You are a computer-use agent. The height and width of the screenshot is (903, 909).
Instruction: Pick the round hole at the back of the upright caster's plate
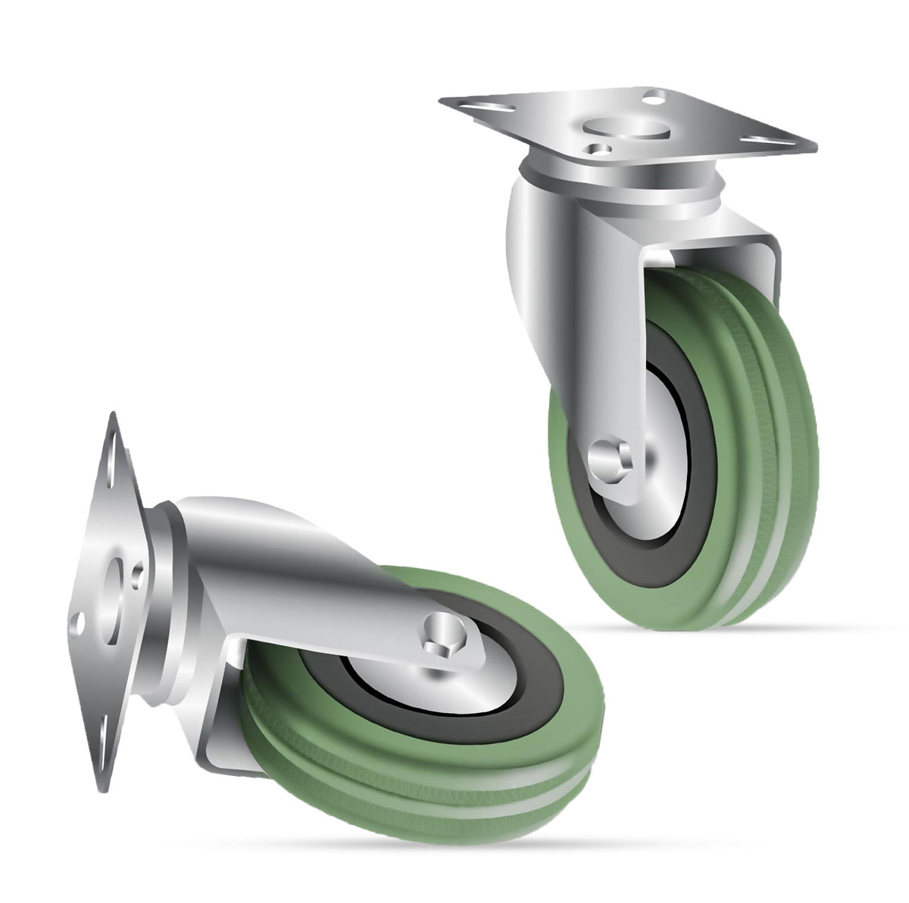pyautogui.click(x=651, y=97)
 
